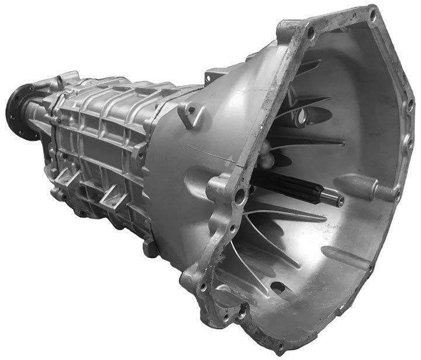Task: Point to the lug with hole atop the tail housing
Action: point(66,78)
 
